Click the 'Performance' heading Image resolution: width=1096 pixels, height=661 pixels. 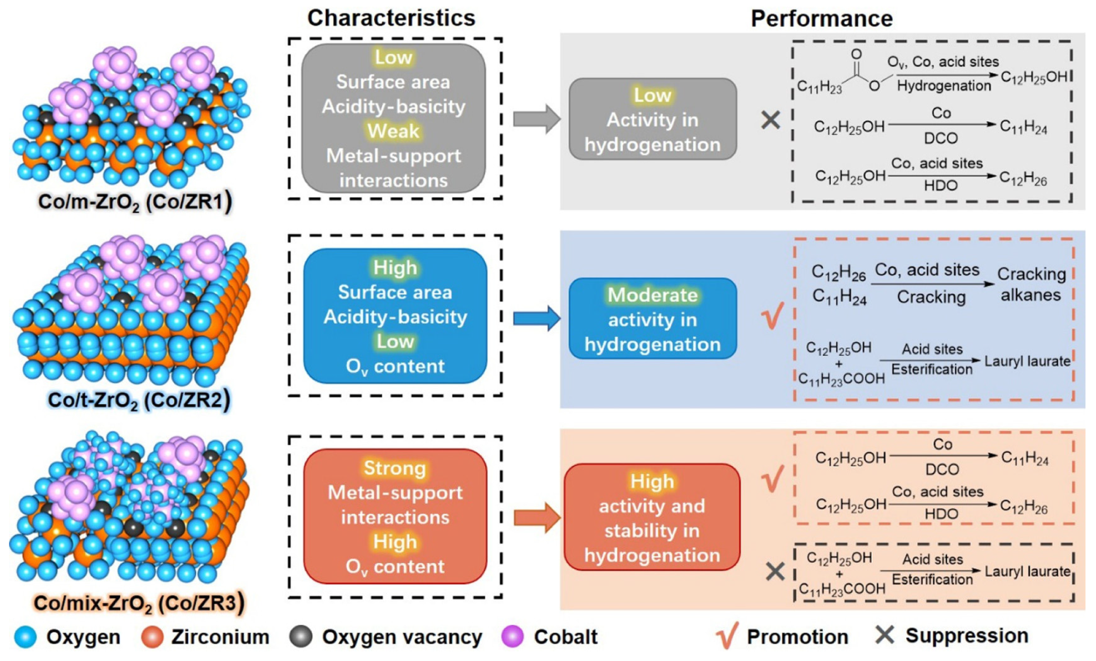pos(822,19)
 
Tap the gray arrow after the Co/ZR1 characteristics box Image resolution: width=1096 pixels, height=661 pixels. pos(536,119)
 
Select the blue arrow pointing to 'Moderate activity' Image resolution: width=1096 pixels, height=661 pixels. pos(536,318)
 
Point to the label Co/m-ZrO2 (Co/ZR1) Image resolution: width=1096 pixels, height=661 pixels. pos(135,202)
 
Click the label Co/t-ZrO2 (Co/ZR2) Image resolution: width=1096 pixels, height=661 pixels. pos(139,400)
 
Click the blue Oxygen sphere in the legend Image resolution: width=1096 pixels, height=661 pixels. pos(25,637)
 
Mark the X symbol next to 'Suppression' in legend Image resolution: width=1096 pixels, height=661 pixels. pos(884,635)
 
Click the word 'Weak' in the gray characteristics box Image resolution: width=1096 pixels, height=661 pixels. pos(393,131)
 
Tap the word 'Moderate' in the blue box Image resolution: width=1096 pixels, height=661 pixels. pos(652,295)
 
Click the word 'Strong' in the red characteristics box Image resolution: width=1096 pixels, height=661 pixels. pos(395,468)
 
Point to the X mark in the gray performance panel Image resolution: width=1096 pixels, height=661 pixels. pos(770,120)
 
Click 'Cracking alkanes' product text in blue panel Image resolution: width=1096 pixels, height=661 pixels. pos(1031,285)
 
